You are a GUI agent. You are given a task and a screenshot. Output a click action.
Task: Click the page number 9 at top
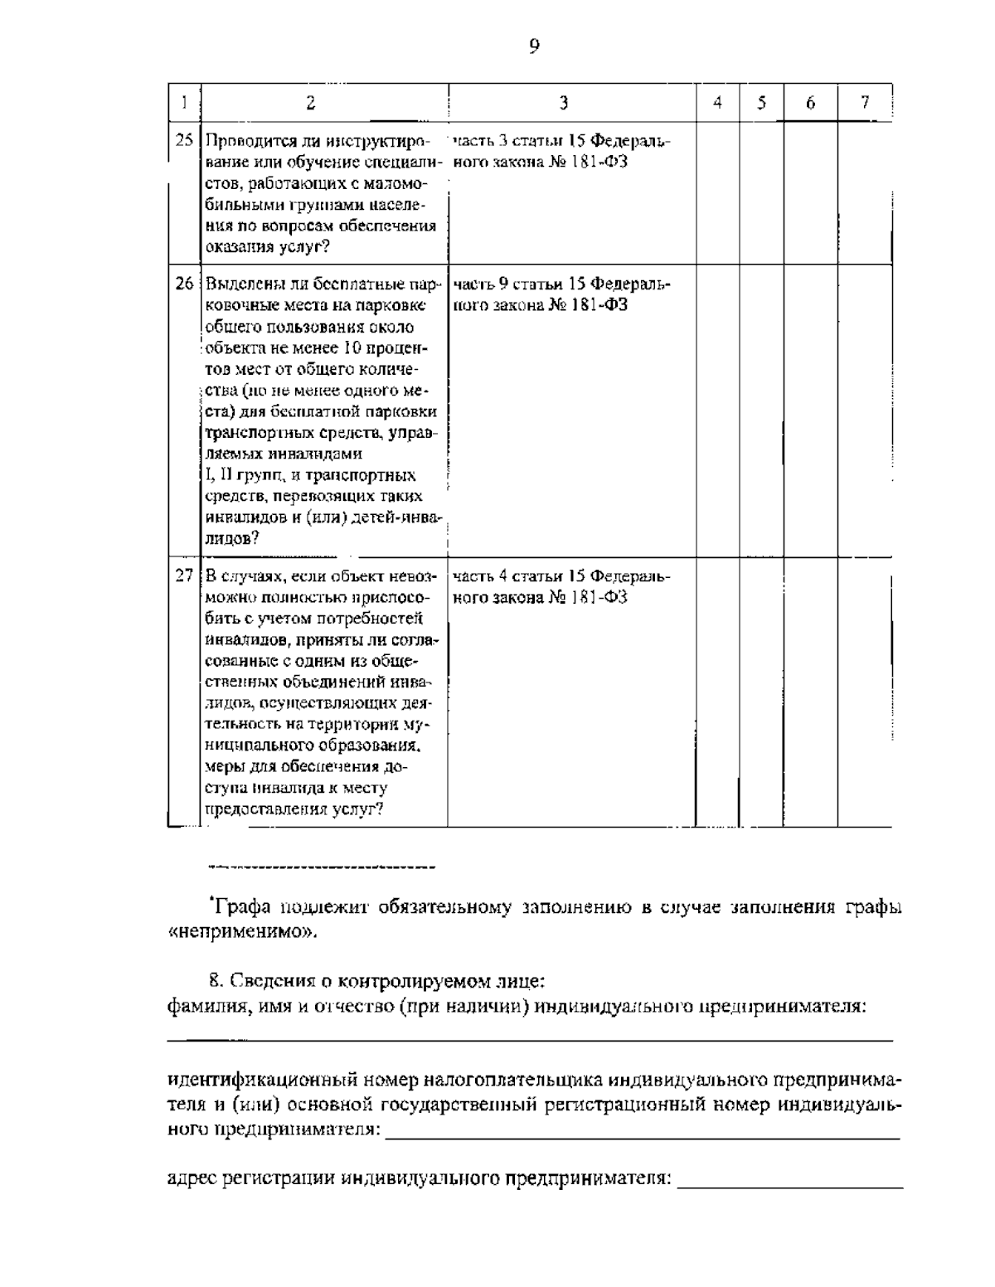[x=533, y=47]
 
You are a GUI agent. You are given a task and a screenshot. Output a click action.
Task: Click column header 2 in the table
[x=310, y=103]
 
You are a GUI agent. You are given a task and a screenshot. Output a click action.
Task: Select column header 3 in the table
[x=563, y=103]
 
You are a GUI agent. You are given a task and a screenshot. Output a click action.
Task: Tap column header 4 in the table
[x=717, y=103]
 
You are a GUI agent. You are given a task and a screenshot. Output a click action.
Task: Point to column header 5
[x=760, y=103]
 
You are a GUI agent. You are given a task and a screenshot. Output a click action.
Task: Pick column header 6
[x=810, y=103]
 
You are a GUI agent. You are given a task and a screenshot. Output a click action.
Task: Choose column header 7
[x=864, y=103]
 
